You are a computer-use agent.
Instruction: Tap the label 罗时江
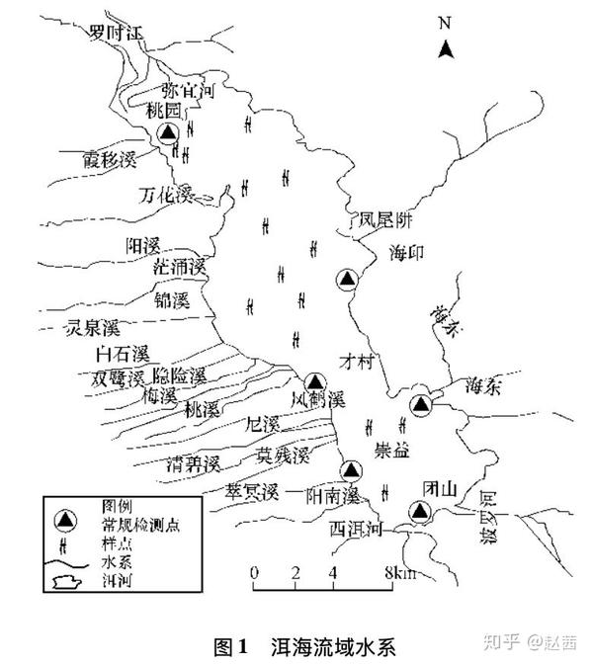115,33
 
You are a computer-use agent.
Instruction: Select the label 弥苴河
188,91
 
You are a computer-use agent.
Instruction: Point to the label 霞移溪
109,159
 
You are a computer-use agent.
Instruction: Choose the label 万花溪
165,193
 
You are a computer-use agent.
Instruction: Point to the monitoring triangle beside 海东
422,403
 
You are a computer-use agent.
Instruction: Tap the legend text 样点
104,541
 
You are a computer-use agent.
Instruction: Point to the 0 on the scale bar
254,573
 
